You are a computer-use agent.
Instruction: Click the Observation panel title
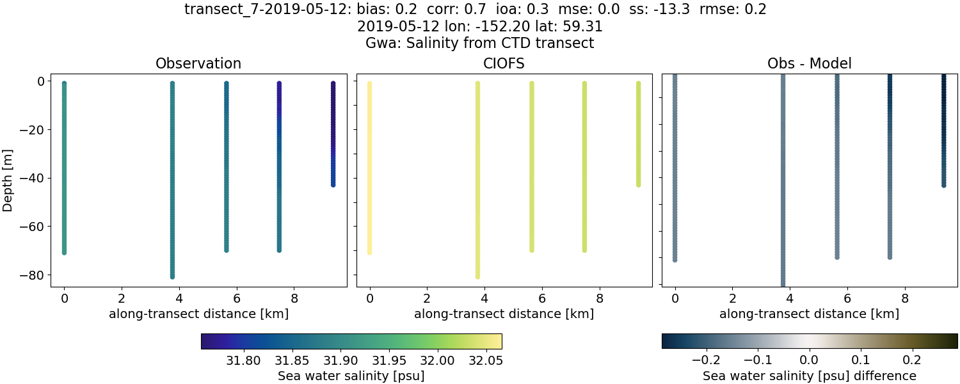tap(198, 64)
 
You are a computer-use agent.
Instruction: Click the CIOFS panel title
tap(504, 64)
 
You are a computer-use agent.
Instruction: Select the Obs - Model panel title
tap(810, 64)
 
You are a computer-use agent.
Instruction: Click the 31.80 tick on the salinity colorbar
tap(243, 360)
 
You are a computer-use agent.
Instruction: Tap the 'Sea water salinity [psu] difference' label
tap(810, 376)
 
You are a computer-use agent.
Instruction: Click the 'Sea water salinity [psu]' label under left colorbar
tap(351, 376)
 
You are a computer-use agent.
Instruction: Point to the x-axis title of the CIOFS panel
tap(504, 314)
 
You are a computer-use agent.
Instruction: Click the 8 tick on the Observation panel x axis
tap(294, 298)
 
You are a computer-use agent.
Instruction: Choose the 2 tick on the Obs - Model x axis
tap(733, 298)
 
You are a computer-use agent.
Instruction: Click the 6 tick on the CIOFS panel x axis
tap(542, 298)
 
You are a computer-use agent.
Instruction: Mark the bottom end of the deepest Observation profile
tap(172, 276)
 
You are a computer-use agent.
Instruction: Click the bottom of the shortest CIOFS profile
tap(638, 184)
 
